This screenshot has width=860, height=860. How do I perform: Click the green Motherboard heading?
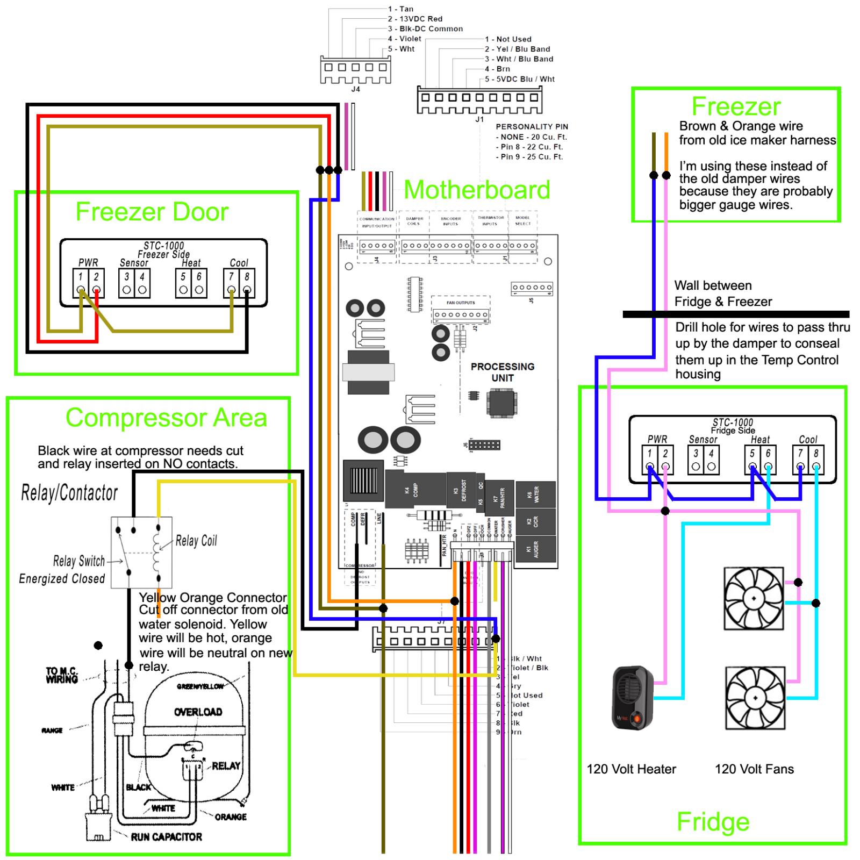click(x=477, y=190)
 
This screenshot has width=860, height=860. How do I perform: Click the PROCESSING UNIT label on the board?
click(x=502, y=372)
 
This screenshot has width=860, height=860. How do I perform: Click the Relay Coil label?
click(x=196, y=541)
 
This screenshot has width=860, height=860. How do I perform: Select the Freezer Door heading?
click(x=152, y=212)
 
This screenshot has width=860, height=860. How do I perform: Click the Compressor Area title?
click(x=166, y=418)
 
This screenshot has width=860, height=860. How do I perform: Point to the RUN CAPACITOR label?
click(x=166, y=837)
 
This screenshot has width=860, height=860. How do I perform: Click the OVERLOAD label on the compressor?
click(x=198, y=712)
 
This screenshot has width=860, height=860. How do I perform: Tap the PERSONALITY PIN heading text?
click(x=531, y=127)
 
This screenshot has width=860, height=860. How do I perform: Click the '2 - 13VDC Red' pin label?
click(x=415, y=19)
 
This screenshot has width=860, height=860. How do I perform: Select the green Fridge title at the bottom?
click(x=713, y=822)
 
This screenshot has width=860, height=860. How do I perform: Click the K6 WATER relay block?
click(x=535, y=494)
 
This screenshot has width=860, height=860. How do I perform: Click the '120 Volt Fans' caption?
click(x=754, y=769)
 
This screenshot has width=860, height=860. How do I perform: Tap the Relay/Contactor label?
click(x=69, y=493)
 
